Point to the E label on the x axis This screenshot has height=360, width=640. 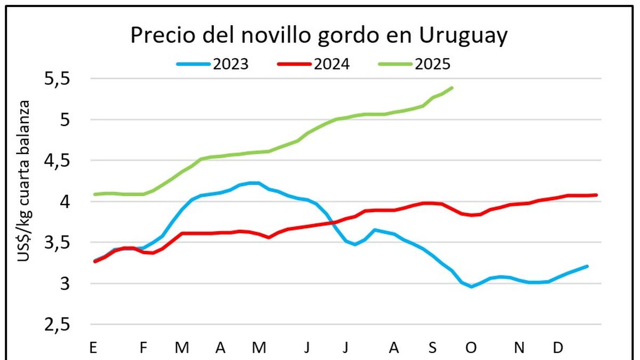tap(94, 348)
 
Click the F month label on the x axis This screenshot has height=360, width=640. tap(143, 348)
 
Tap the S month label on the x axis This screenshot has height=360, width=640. tap(433, 348)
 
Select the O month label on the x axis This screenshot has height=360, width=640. tap(471, 348)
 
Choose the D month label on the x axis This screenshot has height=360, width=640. tap(558, 348)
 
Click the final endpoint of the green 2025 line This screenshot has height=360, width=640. tap(452, 87)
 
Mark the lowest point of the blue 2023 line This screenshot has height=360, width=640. tap(471, 287)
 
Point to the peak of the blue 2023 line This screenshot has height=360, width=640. tap(255, 183)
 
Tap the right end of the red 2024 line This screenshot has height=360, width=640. tap(596, 195)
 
